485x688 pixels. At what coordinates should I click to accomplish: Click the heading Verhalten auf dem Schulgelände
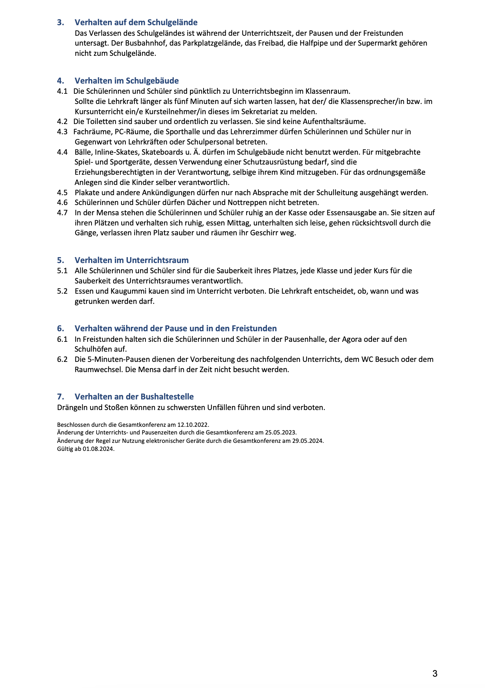click(x=136, y=22)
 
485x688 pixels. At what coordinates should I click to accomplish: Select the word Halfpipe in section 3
click(x=315, y=43)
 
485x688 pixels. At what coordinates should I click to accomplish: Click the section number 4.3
click(x=62, y=132)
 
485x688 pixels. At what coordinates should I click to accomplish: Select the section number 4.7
click(x=62, y=213)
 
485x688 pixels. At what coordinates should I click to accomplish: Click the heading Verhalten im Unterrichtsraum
click(x=132, y=260)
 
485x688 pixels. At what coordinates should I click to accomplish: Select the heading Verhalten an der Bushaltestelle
click(x=134, y=397)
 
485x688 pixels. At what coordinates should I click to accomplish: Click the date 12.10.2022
click(x=193, y=425)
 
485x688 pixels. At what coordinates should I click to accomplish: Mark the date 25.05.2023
click(x=280, y=433)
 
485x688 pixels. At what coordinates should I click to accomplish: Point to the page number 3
click(x=435, y=673)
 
